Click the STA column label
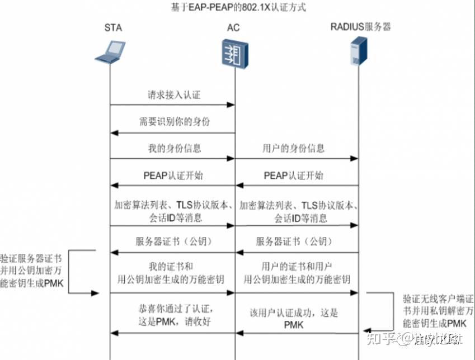(x=112, y=27)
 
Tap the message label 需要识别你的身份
(x=174, y=121)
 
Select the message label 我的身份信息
(x=173, y=149)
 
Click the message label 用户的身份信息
(x=293, y=149)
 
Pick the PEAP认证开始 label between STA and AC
(x=173, y=176)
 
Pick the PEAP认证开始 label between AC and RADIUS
(x=294, y=176)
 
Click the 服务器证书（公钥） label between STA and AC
(x=173, y=242)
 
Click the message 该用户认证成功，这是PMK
(x=294, y=319)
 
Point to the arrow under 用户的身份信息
(x=297, y=159)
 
